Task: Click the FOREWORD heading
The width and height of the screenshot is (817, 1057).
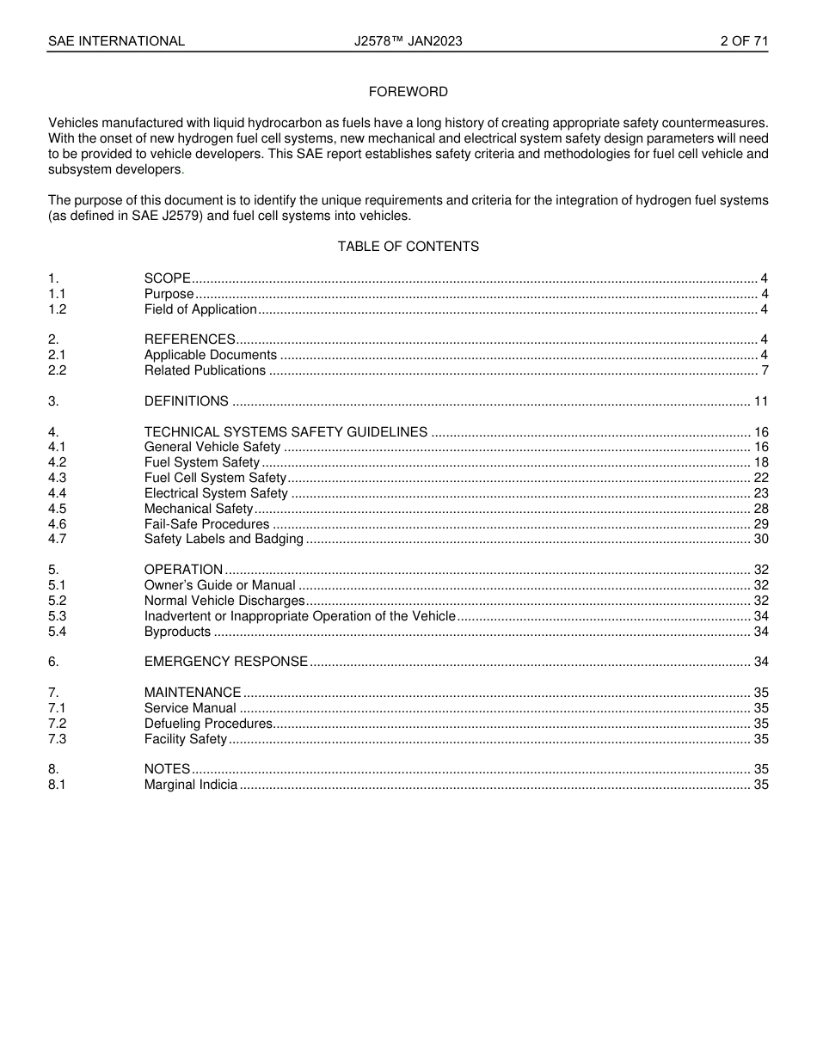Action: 408,92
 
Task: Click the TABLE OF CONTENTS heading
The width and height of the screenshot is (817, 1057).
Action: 408,247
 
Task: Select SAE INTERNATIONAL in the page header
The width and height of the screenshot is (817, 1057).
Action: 116,41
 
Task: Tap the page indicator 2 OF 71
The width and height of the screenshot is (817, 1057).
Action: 744,41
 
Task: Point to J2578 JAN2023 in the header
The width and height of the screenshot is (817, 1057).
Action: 408,41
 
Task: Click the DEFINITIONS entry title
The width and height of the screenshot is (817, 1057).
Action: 186,401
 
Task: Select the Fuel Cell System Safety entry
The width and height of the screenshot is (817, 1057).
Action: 215,478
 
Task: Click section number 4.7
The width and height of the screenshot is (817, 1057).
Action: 57,540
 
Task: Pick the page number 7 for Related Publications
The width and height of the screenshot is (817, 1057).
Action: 765,371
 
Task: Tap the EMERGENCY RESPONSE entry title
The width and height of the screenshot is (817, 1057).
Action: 225,662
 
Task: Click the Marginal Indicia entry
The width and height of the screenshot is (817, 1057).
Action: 190,785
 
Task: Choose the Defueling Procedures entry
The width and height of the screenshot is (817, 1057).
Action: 208,724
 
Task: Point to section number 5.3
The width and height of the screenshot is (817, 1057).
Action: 57,616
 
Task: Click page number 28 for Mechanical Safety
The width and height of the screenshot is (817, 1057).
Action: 760,509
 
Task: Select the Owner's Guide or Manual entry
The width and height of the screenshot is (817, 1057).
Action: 219,585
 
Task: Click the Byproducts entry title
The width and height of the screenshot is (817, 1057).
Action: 177,632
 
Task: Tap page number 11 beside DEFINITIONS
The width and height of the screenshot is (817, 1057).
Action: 760,401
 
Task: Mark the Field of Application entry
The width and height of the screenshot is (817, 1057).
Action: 200,309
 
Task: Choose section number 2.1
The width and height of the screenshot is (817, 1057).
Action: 57,356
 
